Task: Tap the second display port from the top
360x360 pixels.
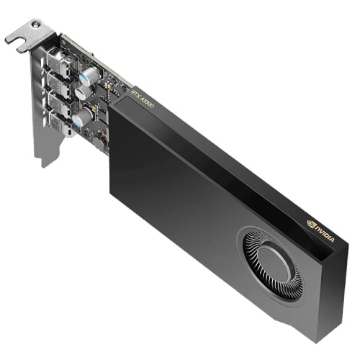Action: [x=63, y=89]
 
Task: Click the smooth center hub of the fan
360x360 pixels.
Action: [x=272, y=264]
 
